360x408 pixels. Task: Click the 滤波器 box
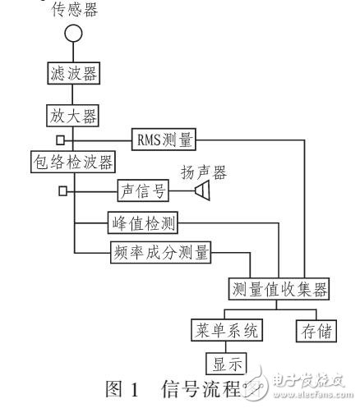pos(74,74)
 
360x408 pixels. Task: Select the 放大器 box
pos(74,116)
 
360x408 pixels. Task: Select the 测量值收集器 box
pos(279,288)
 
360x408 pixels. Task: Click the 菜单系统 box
pos(225,331)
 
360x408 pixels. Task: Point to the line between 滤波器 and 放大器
pos(74,94)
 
